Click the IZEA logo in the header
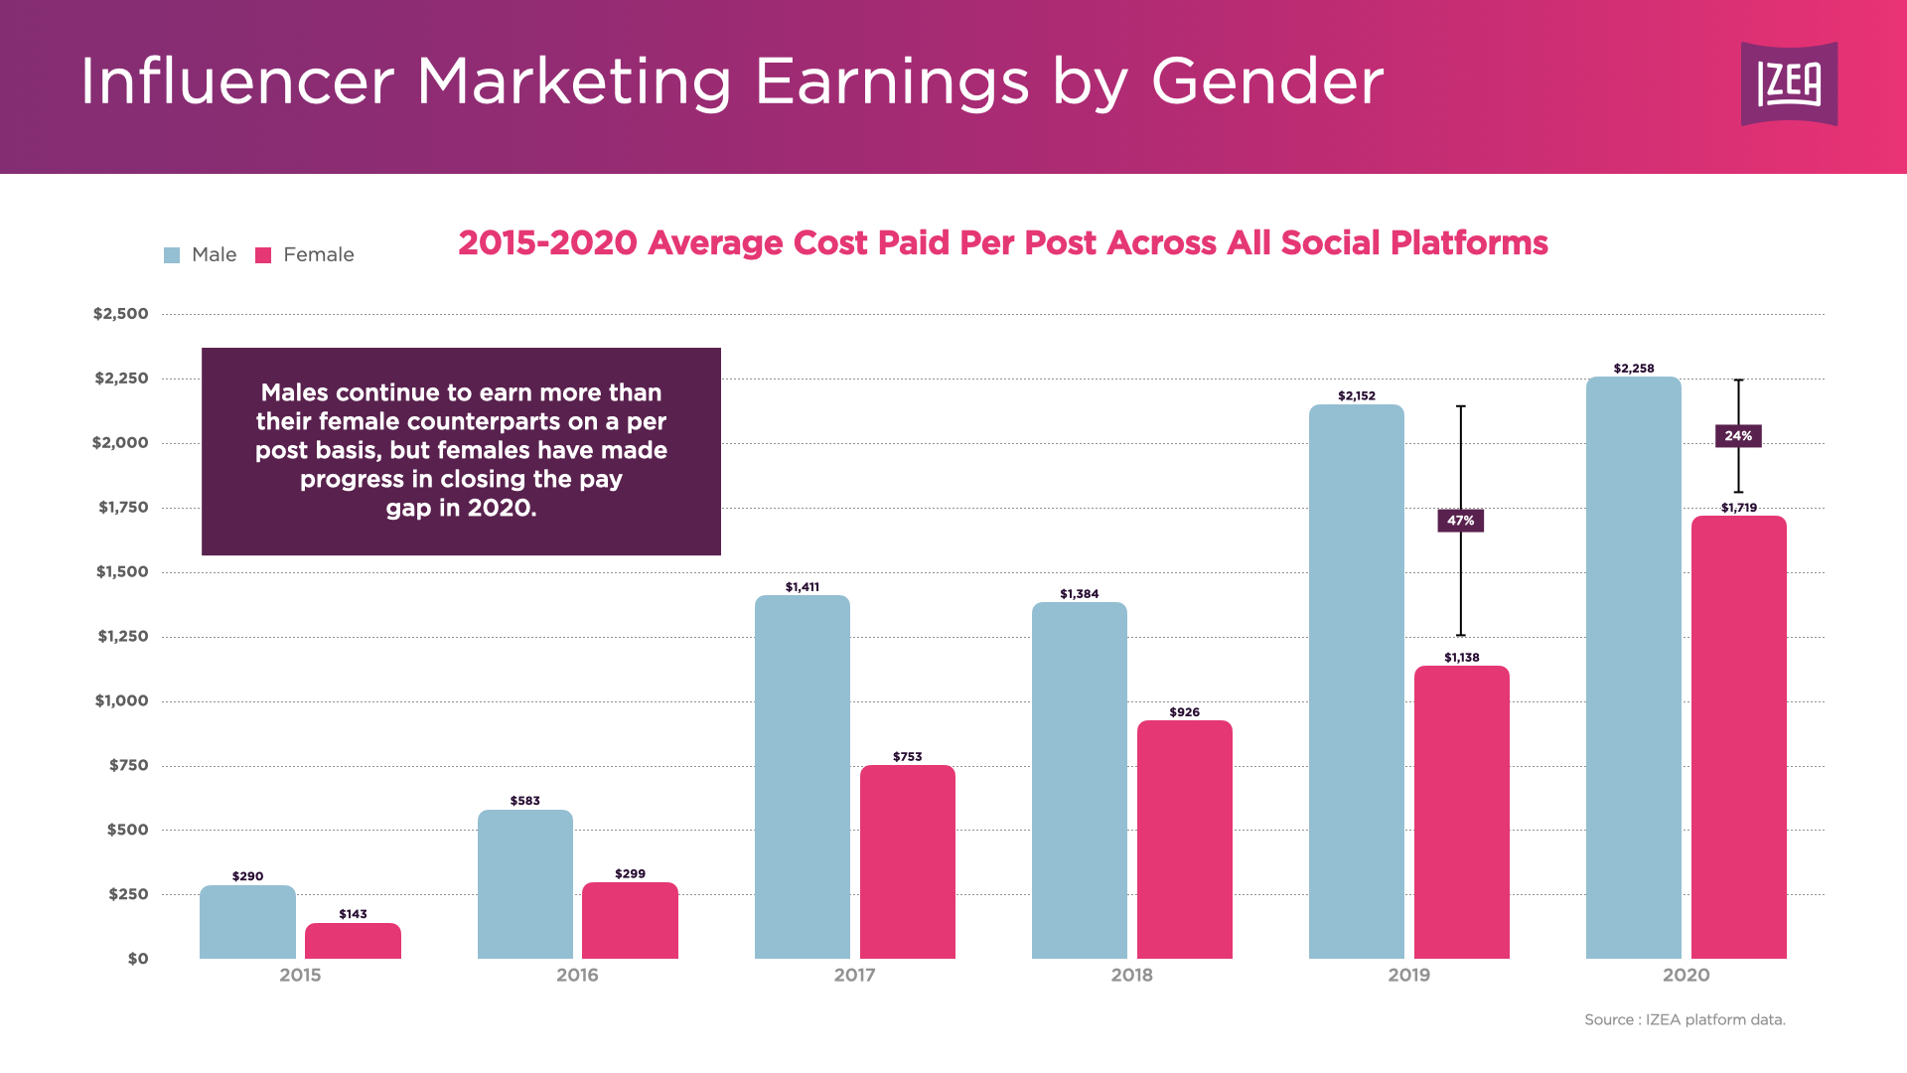[1789, 83]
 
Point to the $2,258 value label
[1634, 369]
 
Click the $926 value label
[1184, 712]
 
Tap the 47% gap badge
[1460, 521]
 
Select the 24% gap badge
[1738, 436]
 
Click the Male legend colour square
[172, 255]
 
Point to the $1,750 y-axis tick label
[123, 508]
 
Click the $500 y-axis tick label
[127, 830]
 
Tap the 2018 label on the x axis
[1131, 975]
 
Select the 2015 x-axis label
[300, 975]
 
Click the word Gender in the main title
[1266, 81]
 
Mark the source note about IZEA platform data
[1685, 1019]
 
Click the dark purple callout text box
[461, 451]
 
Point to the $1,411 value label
[802, 587]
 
